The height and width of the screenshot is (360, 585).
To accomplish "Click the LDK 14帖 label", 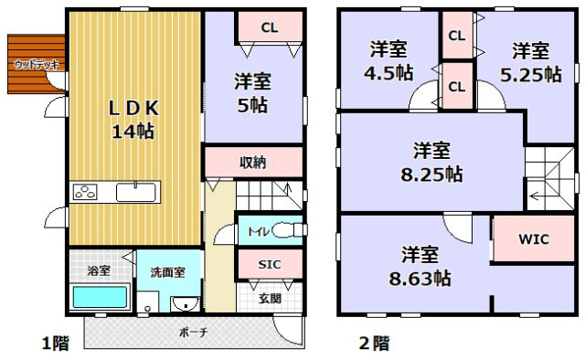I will click(x=133, y=120).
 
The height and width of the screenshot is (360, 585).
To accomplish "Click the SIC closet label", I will click(x=269, y=264).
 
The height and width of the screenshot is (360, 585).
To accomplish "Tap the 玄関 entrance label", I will click(x=270, y=298).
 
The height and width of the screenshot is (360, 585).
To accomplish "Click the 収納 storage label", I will click(x=253, y=164).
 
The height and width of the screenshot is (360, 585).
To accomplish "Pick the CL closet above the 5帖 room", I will click(x=269, y=27).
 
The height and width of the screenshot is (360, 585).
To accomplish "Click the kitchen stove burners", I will click(x=86, y=193).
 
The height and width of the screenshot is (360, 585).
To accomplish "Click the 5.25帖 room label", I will click(x=530, y=62).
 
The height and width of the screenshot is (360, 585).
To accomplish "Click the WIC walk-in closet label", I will click(x=535, y=240).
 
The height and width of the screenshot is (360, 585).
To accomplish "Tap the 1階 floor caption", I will click(x=56, y=344).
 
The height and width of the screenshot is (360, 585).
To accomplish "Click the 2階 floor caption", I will click(x=374, y=344).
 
